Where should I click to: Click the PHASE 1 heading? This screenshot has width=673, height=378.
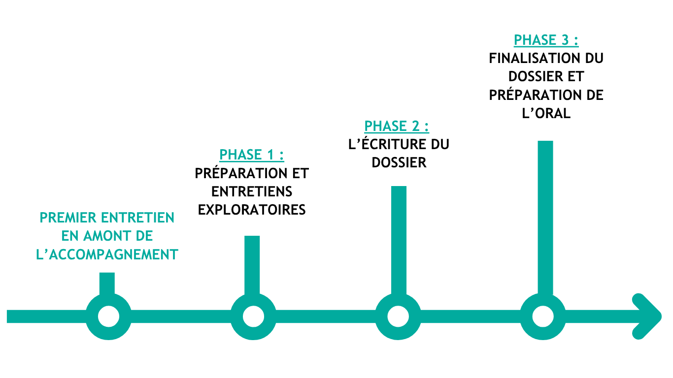[251, 155]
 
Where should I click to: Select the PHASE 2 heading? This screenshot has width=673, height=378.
[396, 126]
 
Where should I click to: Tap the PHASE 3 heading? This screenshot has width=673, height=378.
[545, 40]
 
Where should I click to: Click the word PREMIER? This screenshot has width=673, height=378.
[68, 218]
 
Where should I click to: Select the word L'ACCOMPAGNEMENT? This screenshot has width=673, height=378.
[107, 255]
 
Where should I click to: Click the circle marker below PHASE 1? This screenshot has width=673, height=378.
[253, 316]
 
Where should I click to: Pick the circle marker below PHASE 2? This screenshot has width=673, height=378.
[398, 316]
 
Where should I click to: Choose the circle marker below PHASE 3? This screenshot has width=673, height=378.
[543, 316]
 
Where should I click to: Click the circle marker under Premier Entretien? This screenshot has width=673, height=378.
[108, 316]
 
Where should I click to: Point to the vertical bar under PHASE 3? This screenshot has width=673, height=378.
[545, 217]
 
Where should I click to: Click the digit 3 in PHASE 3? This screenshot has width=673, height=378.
[565, 40]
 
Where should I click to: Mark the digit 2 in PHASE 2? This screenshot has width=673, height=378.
[415, 126]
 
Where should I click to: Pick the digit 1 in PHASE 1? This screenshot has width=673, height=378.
[270, 155]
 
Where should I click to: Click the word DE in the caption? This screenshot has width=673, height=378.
[144, 236]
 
